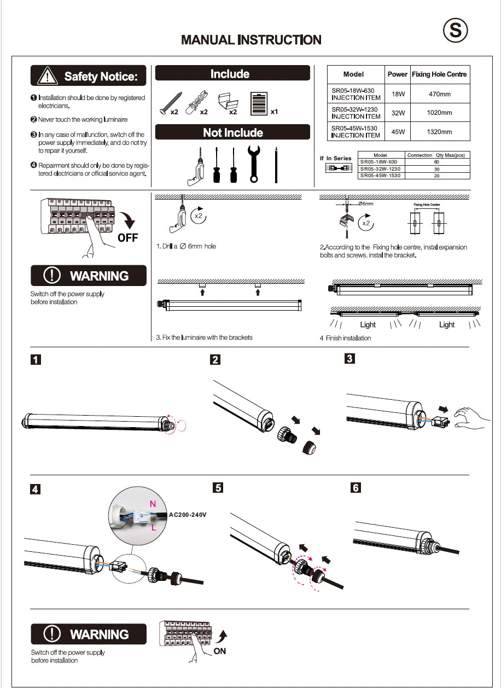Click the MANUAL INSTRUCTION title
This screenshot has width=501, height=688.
pyautogui.click(x=251, y=40)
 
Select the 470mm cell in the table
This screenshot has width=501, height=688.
pyautogui.click(x=439, y=94)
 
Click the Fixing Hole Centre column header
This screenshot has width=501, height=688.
pyautogui.click(x=439, y=74)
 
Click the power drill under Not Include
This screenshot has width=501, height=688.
pyautogui.click(x=192, y=167)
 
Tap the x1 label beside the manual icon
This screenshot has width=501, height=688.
pyautogui.click(x=275, y=112)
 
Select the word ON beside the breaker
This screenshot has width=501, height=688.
pyautogui.click(x=219, y=651)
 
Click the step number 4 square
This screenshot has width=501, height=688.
pyautogui.click(x=35, y=489)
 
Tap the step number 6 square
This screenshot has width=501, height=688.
pyautogui.click(x=356, y=487)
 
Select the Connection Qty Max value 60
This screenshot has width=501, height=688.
pyautogui.click(x=436, y=162)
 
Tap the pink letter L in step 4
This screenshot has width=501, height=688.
pyautogui.click(x=154, y=528)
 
